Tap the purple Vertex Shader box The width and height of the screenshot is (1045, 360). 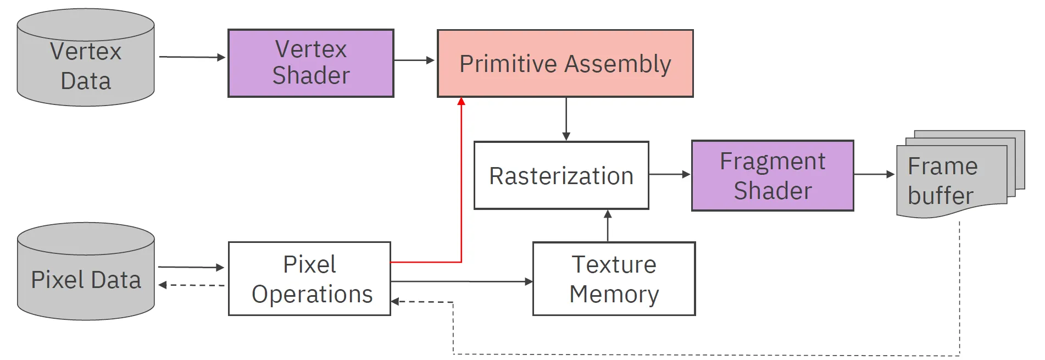[311, 63]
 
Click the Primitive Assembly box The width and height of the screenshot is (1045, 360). [565, 64]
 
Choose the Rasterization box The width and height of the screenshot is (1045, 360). [561, 175]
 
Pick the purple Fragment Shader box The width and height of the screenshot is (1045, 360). [772, 175]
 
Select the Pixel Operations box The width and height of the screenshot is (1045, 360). [309, 279]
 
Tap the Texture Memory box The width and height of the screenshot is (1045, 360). [614, 279]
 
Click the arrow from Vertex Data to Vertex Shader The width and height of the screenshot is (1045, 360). [192, 57]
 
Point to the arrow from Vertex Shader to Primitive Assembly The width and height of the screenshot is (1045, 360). [414, 60]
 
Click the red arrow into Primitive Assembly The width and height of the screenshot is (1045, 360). [461, 181]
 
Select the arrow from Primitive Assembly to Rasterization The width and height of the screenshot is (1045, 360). [566, 119]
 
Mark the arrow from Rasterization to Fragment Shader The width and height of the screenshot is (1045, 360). [669, 174]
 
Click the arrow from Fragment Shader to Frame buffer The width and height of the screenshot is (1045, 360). [874, 174]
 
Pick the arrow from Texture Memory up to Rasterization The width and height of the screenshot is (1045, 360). [608, 225]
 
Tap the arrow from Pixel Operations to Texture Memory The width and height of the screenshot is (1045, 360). [462, 281]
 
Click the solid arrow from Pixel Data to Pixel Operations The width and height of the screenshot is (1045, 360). [191, 267]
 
